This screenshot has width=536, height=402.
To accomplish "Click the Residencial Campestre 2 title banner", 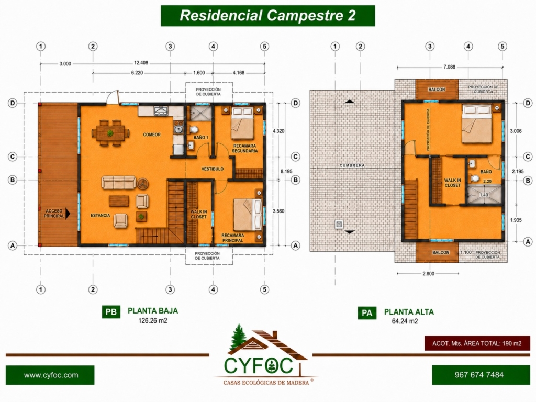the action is [267, 16].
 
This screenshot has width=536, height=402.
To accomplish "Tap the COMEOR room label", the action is [152, 135].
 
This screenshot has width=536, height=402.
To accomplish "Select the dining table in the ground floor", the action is [110, 133].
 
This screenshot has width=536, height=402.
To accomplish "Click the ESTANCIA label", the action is [100, 215].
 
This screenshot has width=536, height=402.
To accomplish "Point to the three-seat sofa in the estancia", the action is [119, 182].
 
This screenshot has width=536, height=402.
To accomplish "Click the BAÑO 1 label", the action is [200, 138].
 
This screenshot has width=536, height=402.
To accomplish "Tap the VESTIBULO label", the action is [213, 169].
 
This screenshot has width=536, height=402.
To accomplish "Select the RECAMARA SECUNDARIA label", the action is [245, 148].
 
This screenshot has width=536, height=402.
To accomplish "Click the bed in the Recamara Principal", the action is [248, 215].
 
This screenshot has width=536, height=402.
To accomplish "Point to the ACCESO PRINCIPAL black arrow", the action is [68, 214].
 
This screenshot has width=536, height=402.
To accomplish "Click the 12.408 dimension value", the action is [141, 63].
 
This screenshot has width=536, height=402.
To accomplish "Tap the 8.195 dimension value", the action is [286, 171].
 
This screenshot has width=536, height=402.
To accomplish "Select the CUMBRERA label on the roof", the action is [352, 165].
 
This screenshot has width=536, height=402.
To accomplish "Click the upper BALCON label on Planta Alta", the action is [437, 90].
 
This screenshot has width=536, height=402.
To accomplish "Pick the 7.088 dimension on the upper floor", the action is [449, 67].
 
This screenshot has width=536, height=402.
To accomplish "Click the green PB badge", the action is [111, 312].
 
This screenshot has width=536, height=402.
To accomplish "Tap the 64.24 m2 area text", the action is [405, 321].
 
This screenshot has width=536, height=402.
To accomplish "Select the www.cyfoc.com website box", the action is [50, 375].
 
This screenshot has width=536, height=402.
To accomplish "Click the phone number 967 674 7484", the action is [479, 375].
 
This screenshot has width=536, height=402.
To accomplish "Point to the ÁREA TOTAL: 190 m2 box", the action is [477, 343].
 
